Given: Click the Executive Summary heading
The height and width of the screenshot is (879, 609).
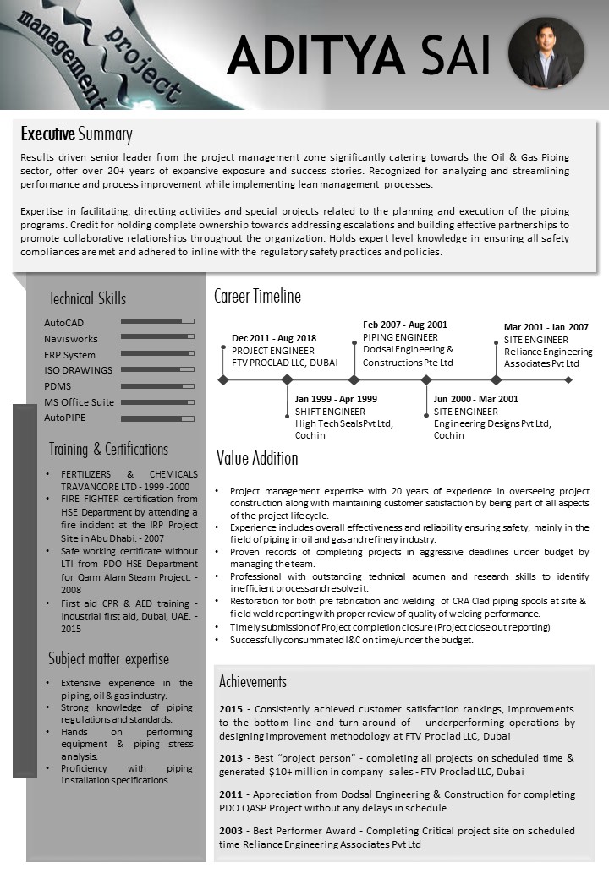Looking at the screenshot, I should click(x=77, y=134).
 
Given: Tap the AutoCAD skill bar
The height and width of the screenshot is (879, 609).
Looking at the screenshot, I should click(x=158, y=322).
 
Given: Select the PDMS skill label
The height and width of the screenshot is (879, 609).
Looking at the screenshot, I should click(x=58, y=386).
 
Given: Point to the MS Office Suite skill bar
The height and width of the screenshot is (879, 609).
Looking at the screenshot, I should click(x=158, y=402).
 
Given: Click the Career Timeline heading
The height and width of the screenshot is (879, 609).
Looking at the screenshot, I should click(x=257, y=296).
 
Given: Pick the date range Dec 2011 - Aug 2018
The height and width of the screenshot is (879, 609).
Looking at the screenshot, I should click(x=274, y=338).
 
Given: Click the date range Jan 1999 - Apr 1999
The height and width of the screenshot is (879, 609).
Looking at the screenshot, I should click(x=336, y=399).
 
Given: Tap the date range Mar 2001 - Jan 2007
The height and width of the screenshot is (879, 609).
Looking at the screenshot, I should click(x=546, y=327).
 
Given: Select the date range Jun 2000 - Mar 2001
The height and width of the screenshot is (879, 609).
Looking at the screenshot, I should click(x=476, y=399).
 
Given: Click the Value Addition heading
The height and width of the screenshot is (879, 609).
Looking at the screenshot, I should click(x=257, y=459).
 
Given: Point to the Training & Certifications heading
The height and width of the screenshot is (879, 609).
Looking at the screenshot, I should click(x=108, y=449).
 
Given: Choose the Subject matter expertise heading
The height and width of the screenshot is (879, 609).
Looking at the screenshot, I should click(x=108, y=659).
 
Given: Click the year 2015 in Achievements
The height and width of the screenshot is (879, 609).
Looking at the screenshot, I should click(x=231, y=709).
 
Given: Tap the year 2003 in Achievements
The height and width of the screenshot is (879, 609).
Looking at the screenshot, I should click(x=231, y=832).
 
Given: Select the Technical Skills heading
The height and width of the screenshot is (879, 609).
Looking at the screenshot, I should click(x=87, y=298).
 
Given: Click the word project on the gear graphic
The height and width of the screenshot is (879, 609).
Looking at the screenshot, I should click(x=144, y=64).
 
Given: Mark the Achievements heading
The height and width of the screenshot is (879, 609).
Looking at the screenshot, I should click(x=253, y=681).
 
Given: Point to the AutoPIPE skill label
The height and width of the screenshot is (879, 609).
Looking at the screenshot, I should click(x=65, y=418).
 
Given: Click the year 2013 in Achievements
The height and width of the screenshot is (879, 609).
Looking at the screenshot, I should click(x=231, y=758).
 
